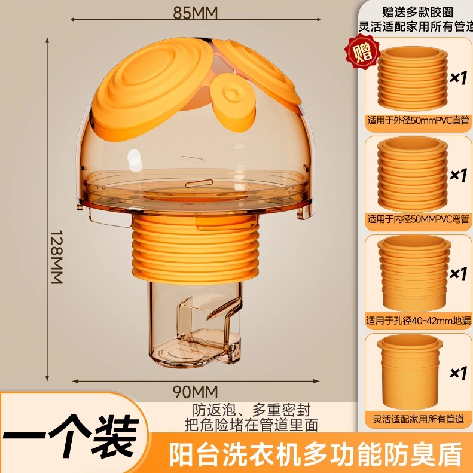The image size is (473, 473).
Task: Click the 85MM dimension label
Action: (x=195, y=13)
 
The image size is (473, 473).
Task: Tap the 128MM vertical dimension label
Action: (x=56, y=257)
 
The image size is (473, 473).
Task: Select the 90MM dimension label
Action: (x=195, y=392)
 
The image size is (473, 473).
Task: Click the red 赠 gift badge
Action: (x=362, y=52)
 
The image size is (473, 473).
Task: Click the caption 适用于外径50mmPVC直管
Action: (x=418, y=120)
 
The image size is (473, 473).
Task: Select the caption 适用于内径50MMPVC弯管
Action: (x=418, y=219)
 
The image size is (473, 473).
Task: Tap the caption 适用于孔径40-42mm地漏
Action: (x=418, y=321)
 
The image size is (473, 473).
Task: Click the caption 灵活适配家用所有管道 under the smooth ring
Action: (x=418, y=419)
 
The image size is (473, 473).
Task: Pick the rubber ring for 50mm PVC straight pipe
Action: (x=413, y=78)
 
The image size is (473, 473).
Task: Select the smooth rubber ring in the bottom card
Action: (x=410, y=372)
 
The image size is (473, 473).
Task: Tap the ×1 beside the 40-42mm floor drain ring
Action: (x=458, y=274)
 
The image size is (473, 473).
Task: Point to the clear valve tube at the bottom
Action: (x=195, y=325)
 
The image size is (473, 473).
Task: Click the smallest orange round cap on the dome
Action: (x=233, y=102)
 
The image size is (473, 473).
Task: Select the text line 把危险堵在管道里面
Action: (x=251, y=425)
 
